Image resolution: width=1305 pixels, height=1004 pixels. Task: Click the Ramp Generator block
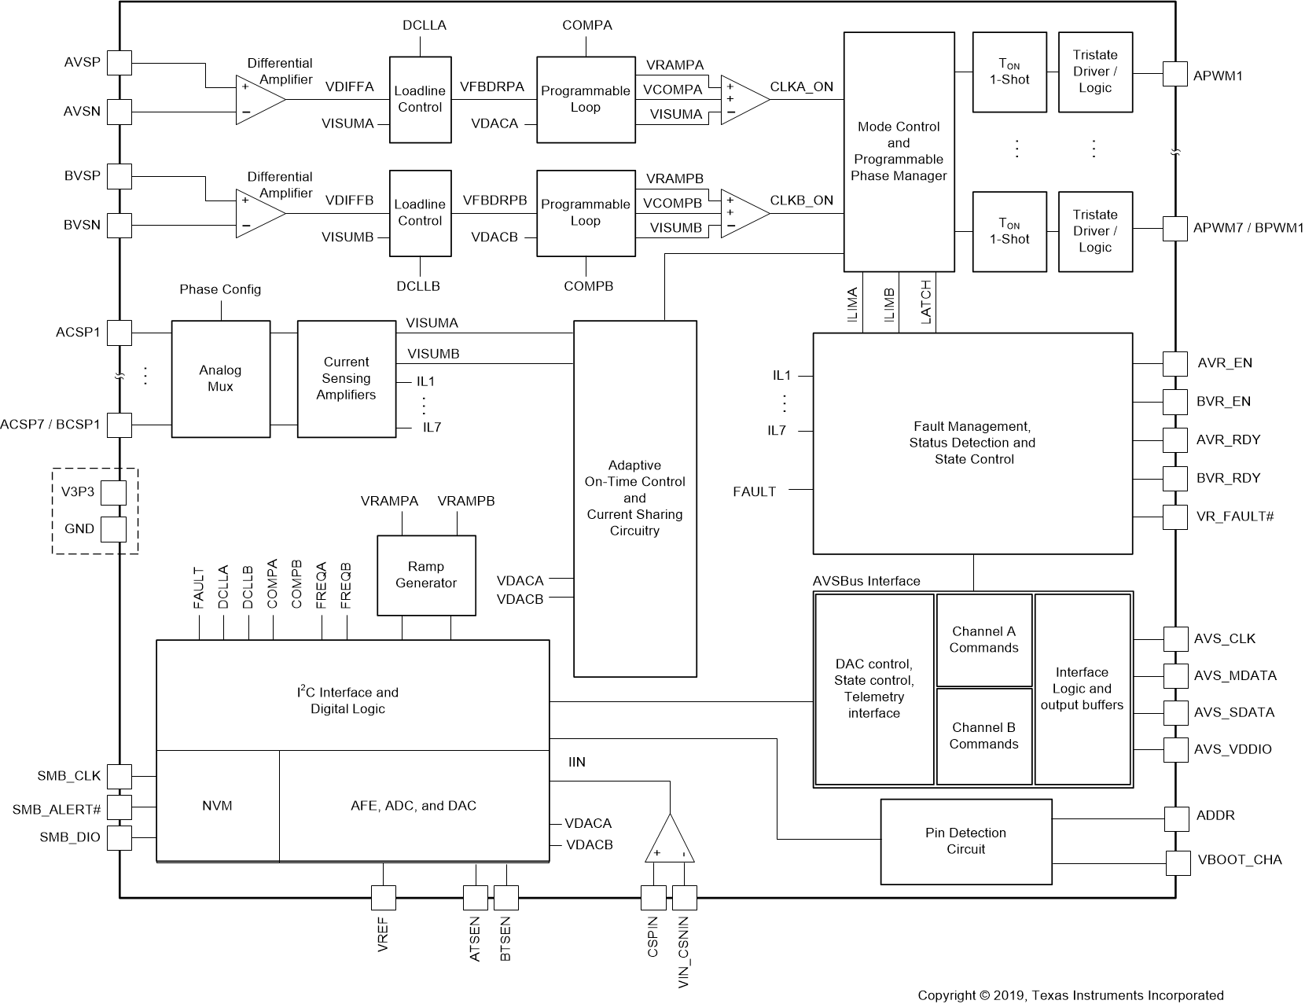(x=426, y=576)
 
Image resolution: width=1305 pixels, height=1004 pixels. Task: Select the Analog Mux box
(x=220, y=378)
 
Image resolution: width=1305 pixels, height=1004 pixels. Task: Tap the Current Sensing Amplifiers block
(x=346, y=378)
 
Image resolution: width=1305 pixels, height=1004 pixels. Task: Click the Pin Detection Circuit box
(x=965, y=840)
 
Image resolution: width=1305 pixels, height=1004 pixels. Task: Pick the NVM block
(x=217, y=806)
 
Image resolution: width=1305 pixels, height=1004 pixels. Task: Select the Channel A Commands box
(x=983, y=640)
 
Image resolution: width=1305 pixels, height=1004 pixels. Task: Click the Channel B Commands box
(x=983, y=736)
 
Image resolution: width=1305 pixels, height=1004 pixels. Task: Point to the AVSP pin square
(x=119, y=63)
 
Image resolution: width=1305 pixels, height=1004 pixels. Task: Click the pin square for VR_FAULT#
(x=1175, y=517)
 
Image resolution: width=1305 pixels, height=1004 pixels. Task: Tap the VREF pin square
(x=383, y=897)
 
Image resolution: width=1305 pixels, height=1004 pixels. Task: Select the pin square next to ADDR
(x=1177, y=818)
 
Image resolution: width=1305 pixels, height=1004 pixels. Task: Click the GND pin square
(x=113, y=528)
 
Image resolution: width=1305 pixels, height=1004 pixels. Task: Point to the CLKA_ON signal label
(x=801, y=86)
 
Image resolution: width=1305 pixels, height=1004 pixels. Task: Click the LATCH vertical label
(x=925, y=302)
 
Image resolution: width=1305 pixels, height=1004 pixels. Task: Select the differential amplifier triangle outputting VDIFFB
(x=259, y=213)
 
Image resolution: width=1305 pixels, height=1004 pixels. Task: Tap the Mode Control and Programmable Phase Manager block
(x=898, y=152)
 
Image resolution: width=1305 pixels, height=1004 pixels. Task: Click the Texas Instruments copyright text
(x=1070, y=995)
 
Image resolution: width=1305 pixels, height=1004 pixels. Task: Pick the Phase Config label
(x=220, y=289)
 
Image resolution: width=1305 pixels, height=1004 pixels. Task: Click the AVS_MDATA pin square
(x=1175, y=676)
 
